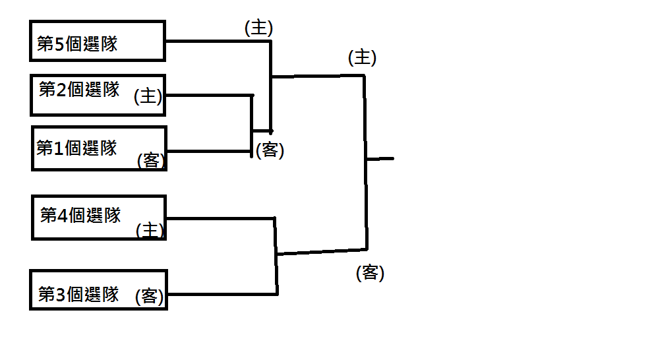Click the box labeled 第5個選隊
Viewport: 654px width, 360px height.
tap(98, 41)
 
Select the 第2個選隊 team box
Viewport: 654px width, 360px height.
tap(98, 95)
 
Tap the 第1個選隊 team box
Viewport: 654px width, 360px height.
tap(99, 148)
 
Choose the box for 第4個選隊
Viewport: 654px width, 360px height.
tap(99, 218)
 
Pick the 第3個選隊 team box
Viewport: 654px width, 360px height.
tap(98, 289)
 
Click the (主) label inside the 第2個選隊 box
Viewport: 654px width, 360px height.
tap(148, 96)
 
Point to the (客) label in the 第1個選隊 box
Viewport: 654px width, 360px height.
tap(151, 160)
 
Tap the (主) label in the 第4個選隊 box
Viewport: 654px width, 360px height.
tap(150, 229)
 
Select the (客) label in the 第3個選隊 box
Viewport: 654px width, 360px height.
tap(150, 297)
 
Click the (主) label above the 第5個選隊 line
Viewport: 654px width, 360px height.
tap(258, 28)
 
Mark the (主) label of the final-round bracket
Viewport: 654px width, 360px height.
tap(362, 58)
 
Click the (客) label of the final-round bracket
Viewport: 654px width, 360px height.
tap(370, 272)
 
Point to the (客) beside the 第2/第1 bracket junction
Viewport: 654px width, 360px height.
tap(270, 150)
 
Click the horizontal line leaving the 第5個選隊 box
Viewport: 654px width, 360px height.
tap(218, 41)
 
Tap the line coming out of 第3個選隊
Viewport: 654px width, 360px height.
tap(221, 294)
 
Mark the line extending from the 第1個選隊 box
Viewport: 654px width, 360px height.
tap(208, 151)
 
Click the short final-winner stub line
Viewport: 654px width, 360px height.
tap(380, 159)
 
